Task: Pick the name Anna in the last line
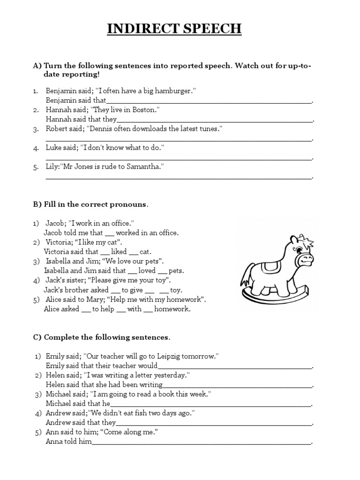[x=54, y=442]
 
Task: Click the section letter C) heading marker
[x=37, y=337]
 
